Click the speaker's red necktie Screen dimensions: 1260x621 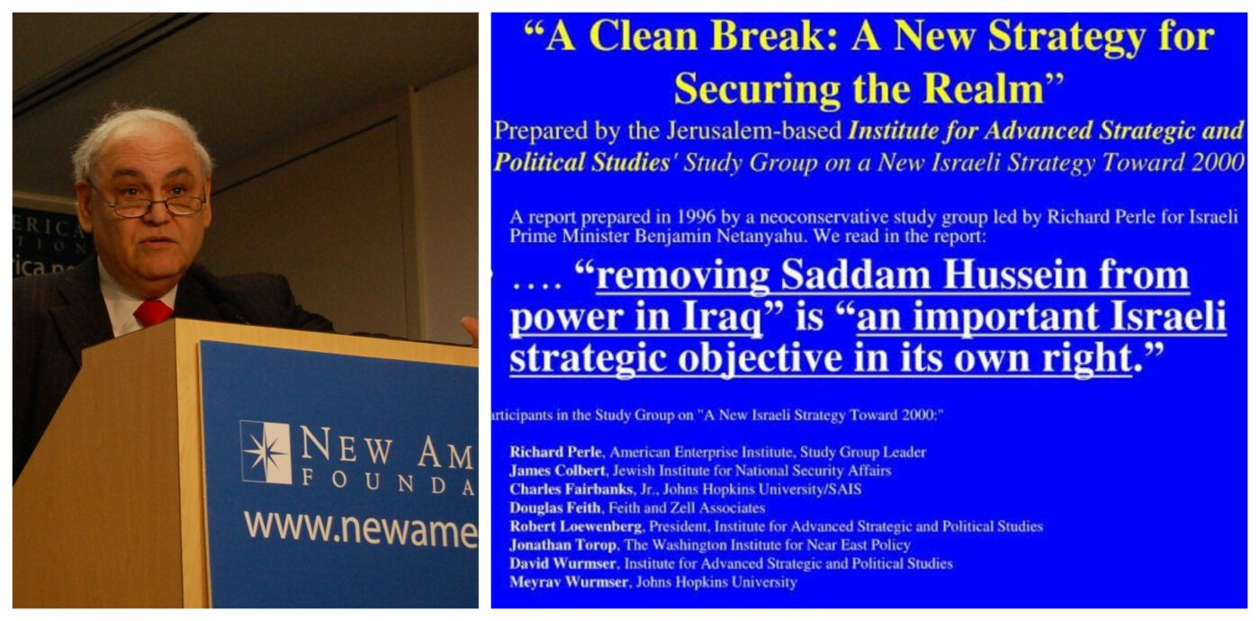pos(152,312)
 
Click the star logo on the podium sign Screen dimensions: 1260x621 pos(266,452)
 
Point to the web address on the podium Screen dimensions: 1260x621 pos(361,527)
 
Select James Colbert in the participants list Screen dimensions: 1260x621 pos(557,471)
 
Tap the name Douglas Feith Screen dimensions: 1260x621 pos(555,508)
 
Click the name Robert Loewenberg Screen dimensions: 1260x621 pos(576,526)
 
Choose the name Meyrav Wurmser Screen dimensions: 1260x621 pos(569,582)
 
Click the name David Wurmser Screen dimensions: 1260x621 pos(562,563)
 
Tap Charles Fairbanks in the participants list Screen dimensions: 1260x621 pos(571,490)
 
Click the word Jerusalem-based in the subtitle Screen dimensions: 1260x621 pos(754,131)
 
